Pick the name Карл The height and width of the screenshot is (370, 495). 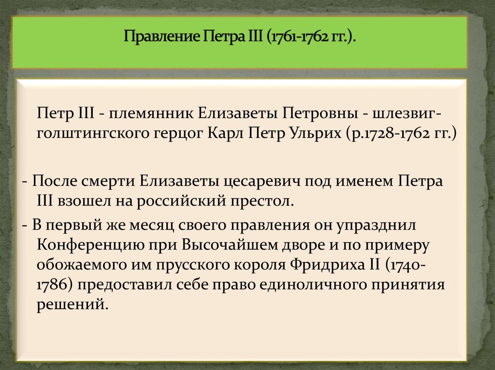227,133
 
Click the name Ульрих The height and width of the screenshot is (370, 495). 315,133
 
